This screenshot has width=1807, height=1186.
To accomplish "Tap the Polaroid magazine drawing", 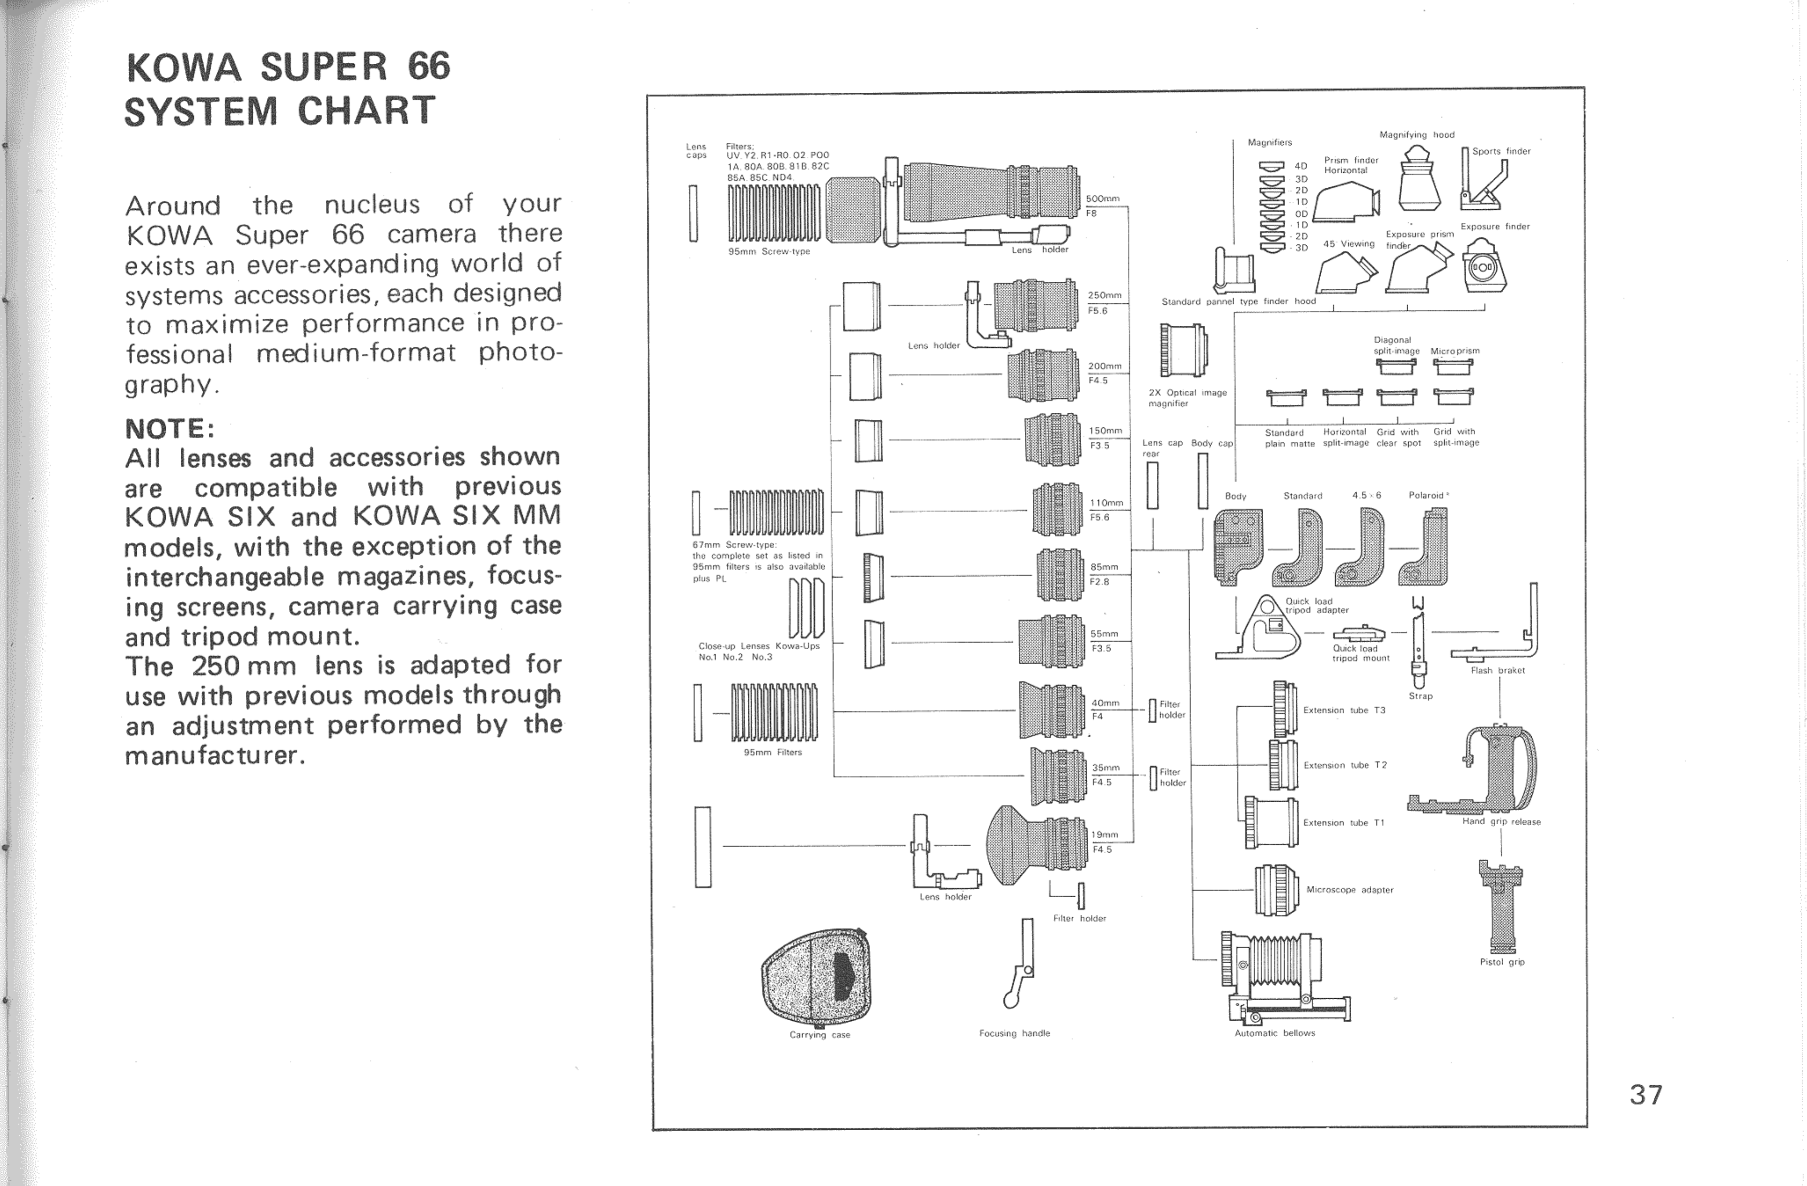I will (x=1428, y=547).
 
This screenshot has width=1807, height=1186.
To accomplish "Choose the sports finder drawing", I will (x=1484, y=182).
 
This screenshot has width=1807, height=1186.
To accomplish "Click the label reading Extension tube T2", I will (x=1344, y=765).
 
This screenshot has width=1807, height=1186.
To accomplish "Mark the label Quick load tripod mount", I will (x=1361, y=653).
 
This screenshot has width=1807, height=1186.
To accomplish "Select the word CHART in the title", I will (x=367, y=111).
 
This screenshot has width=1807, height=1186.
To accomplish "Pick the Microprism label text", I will (x=1455, y=351).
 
